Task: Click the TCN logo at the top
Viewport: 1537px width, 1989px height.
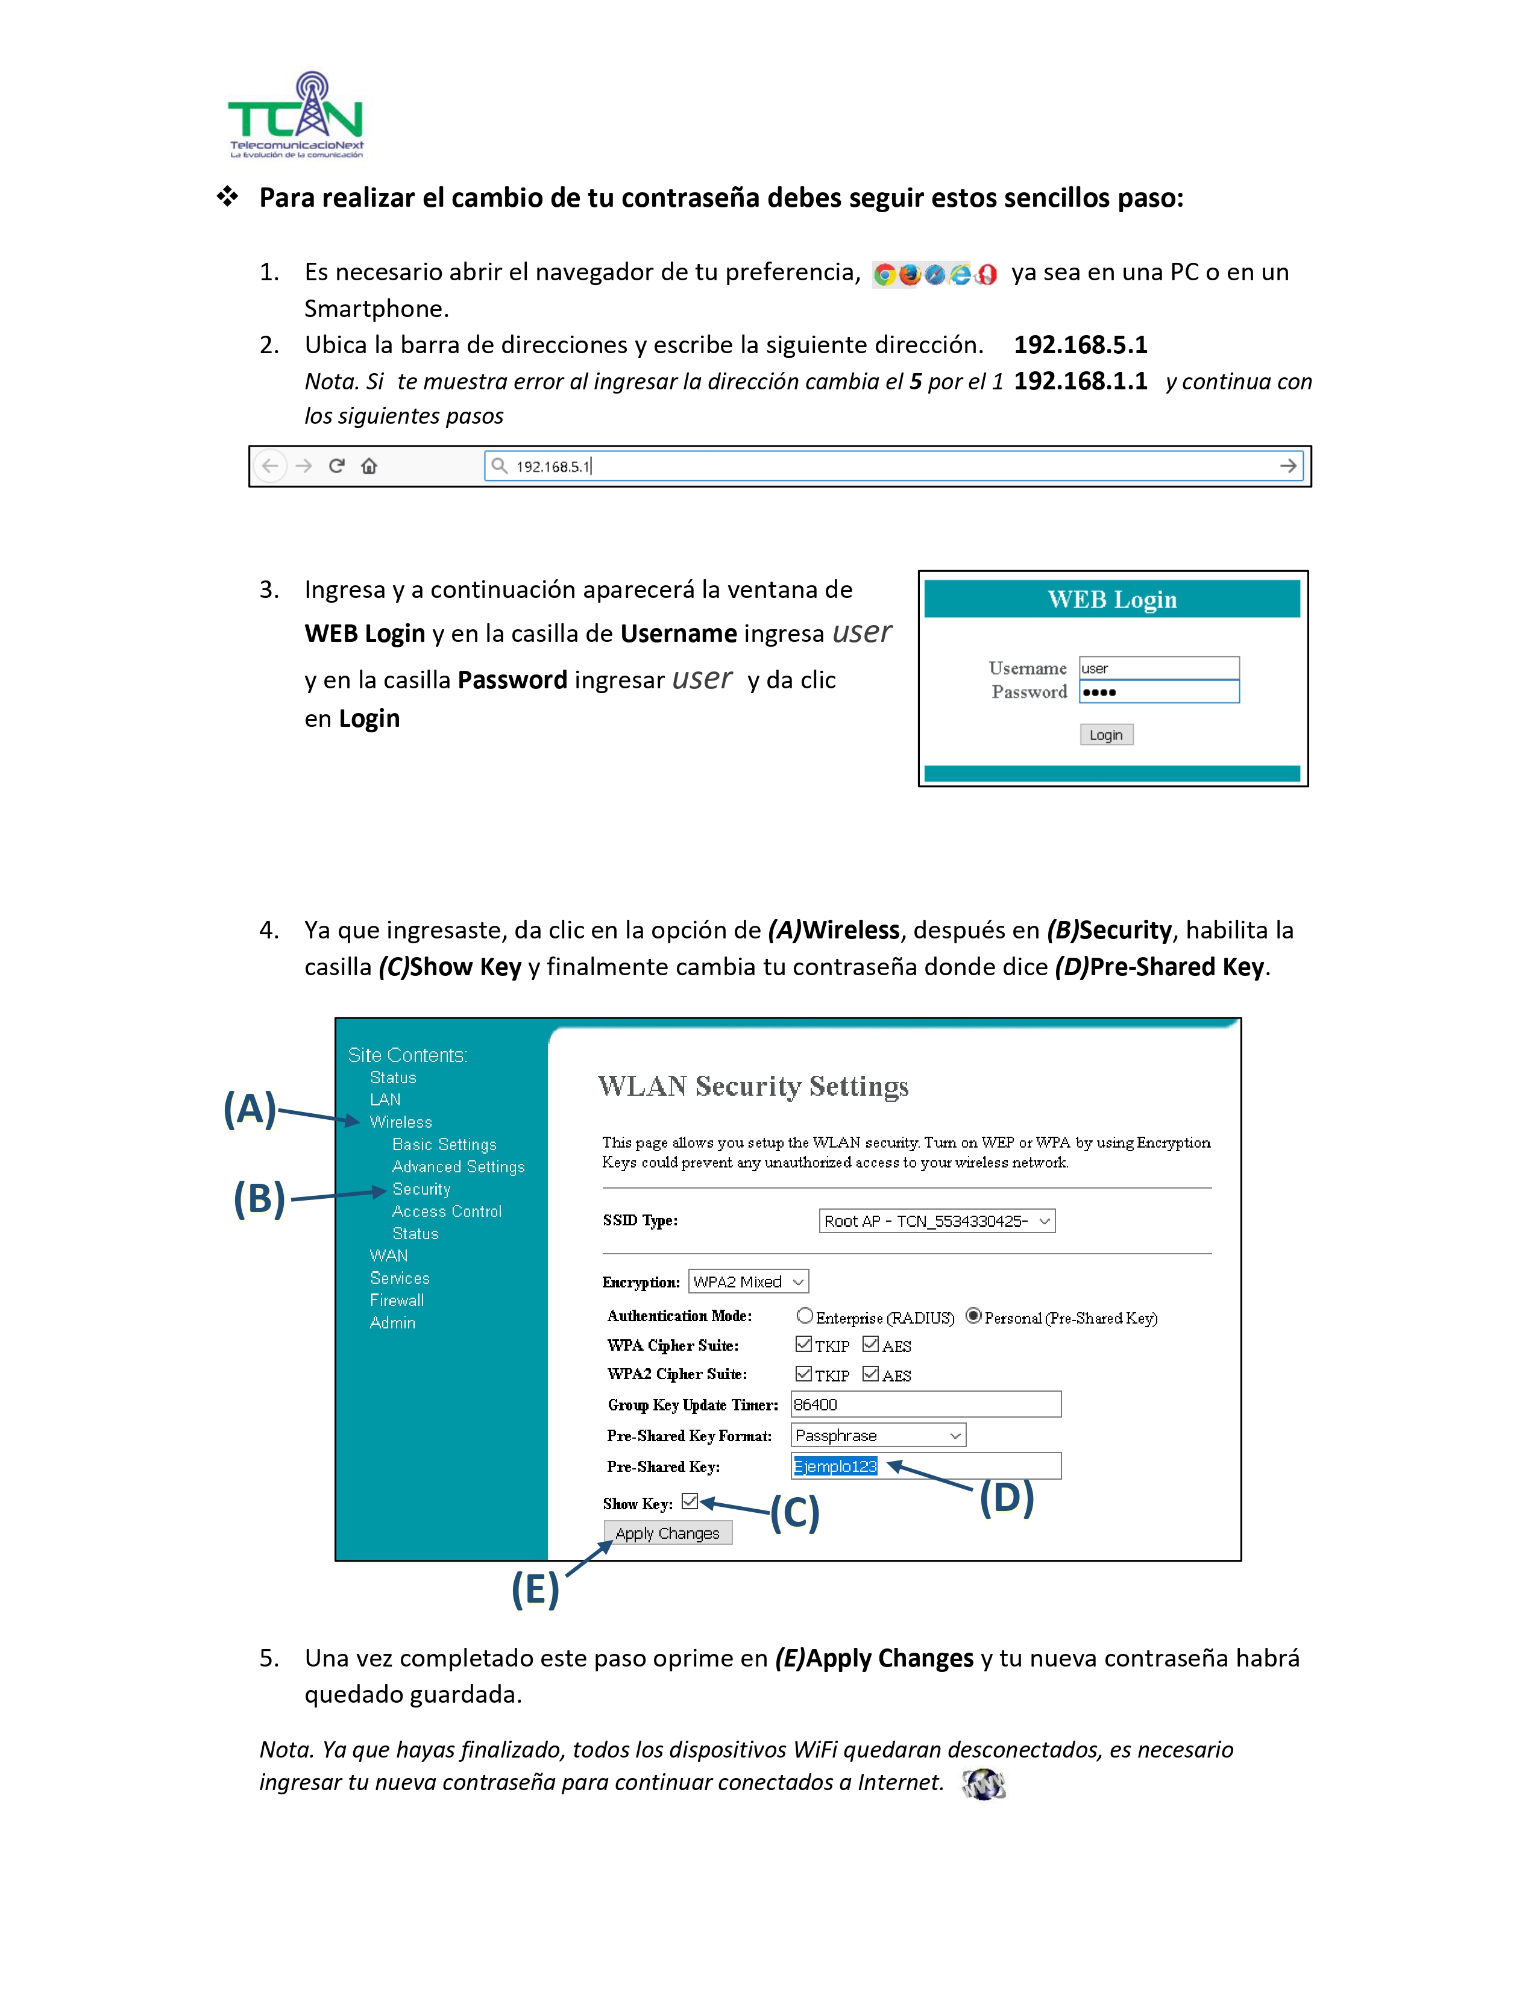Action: coord(296,116)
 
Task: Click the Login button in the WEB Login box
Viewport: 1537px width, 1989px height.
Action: coord(1105,735)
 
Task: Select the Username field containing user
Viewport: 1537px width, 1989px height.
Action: coord(1158,668)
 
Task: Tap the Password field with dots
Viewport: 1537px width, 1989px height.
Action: coord(1158,692)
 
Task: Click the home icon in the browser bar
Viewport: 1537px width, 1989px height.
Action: coord(369,467)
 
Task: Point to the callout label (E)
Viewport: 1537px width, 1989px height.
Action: coord(535,1590)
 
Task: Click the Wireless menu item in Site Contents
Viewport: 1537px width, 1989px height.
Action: coord(401,1122)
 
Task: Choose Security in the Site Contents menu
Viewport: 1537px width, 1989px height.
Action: coord(421,1189)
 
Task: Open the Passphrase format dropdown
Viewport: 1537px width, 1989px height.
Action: coord(878,1435)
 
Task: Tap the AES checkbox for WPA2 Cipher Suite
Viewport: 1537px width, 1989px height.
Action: coord(870,1374)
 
